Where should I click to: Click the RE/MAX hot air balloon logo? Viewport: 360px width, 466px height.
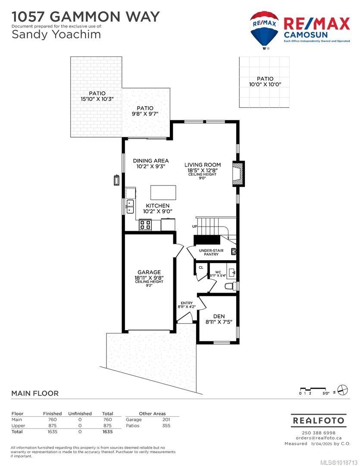click(265, 29)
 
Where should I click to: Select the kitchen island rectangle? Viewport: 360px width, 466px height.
click(163, 192)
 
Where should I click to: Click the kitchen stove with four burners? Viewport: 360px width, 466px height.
click(145, 225)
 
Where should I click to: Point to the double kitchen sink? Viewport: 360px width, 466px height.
click(130, 207)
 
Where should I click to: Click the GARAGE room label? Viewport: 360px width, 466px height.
click(149, 272)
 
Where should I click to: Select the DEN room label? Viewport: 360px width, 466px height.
click(219, 316)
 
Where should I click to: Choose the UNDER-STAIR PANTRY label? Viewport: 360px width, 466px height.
click(209, 252)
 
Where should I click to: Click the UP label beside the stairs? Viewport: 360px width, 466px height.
click(195, 227)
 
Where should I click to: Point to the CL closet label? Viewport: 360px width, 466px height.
click(201, 268)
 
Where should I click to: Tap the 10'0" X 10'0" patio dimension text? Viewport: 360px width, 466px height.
click(265, 85)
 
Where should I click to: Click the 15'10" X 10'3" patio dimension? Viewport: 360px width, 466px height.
click(97, 99)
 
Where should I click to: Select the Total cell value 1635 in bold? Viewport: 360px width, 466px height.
click(107, 431)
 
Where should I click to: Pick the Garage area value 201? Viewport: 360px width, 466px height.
click(166, 419)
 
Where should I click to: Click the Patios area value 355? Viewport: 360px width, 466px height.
click(166, 425)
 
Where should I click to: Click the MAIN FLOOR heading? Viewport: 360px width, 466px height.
click(34, 393)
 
